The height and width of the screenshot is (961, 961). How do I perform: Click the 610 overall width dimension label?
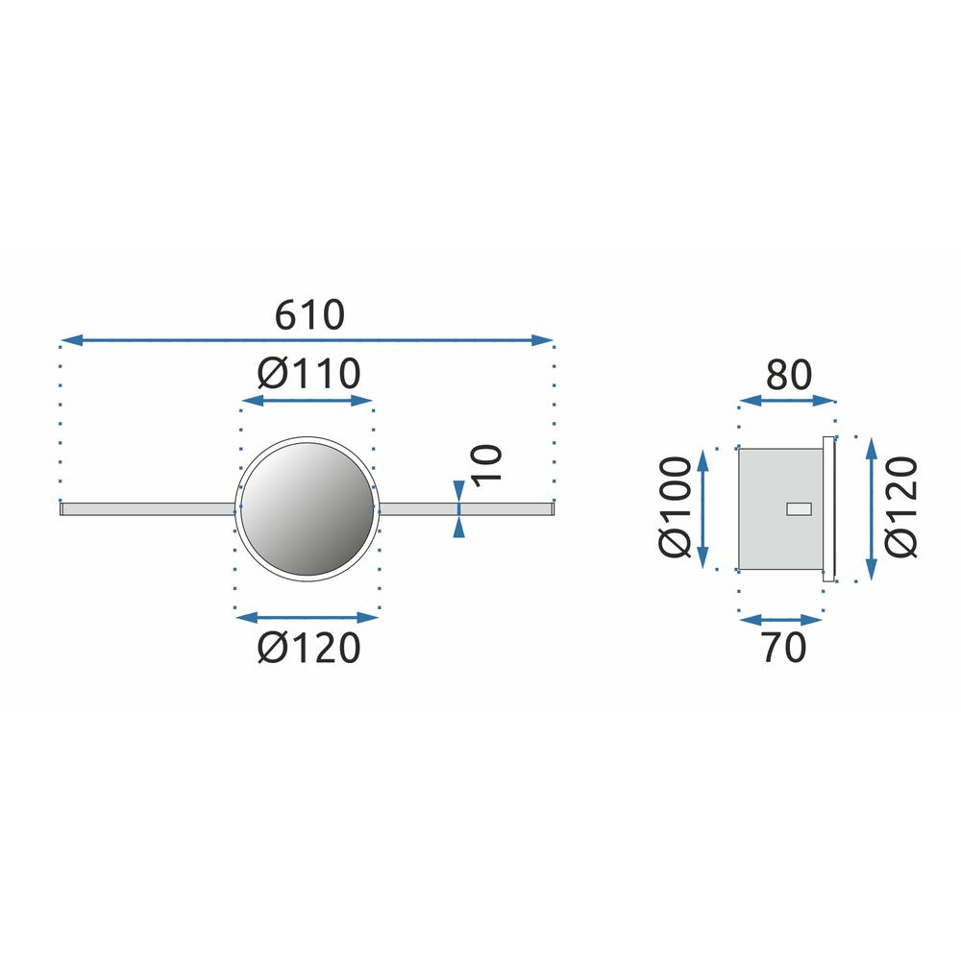[x=308, y=314]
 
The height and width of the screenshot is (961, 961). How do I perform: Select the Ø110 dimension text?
[x=308, y=373]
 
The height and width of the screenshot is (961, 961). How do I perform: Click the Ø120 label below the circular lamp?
[x=308, y=649]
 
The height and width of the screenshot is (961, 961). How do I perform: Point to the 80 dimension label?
[x=789, y=375]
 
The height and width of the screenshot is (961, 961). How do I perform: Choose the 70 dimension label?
[x=783, y=649]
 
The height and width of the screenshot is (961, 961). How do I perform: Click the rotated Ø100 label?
[x=676, y=506]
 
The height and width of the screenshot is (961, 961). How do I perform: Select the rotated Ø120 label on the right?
[x=901, y=506]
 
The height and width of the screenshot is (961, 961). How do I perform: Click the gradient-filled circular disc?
[x=306, y=506]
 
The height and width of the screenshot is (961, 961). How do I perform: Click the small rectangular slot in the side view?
[x=798, y=509]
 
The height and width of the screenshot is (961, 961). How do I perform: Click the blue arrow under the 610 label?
[x=307, y=339]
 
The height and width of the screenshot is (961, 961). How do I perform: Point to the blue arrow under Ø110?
[x=306, y=399]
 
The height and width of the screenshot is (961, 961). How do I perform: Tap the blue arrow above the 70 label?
[x=780, y=620]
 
